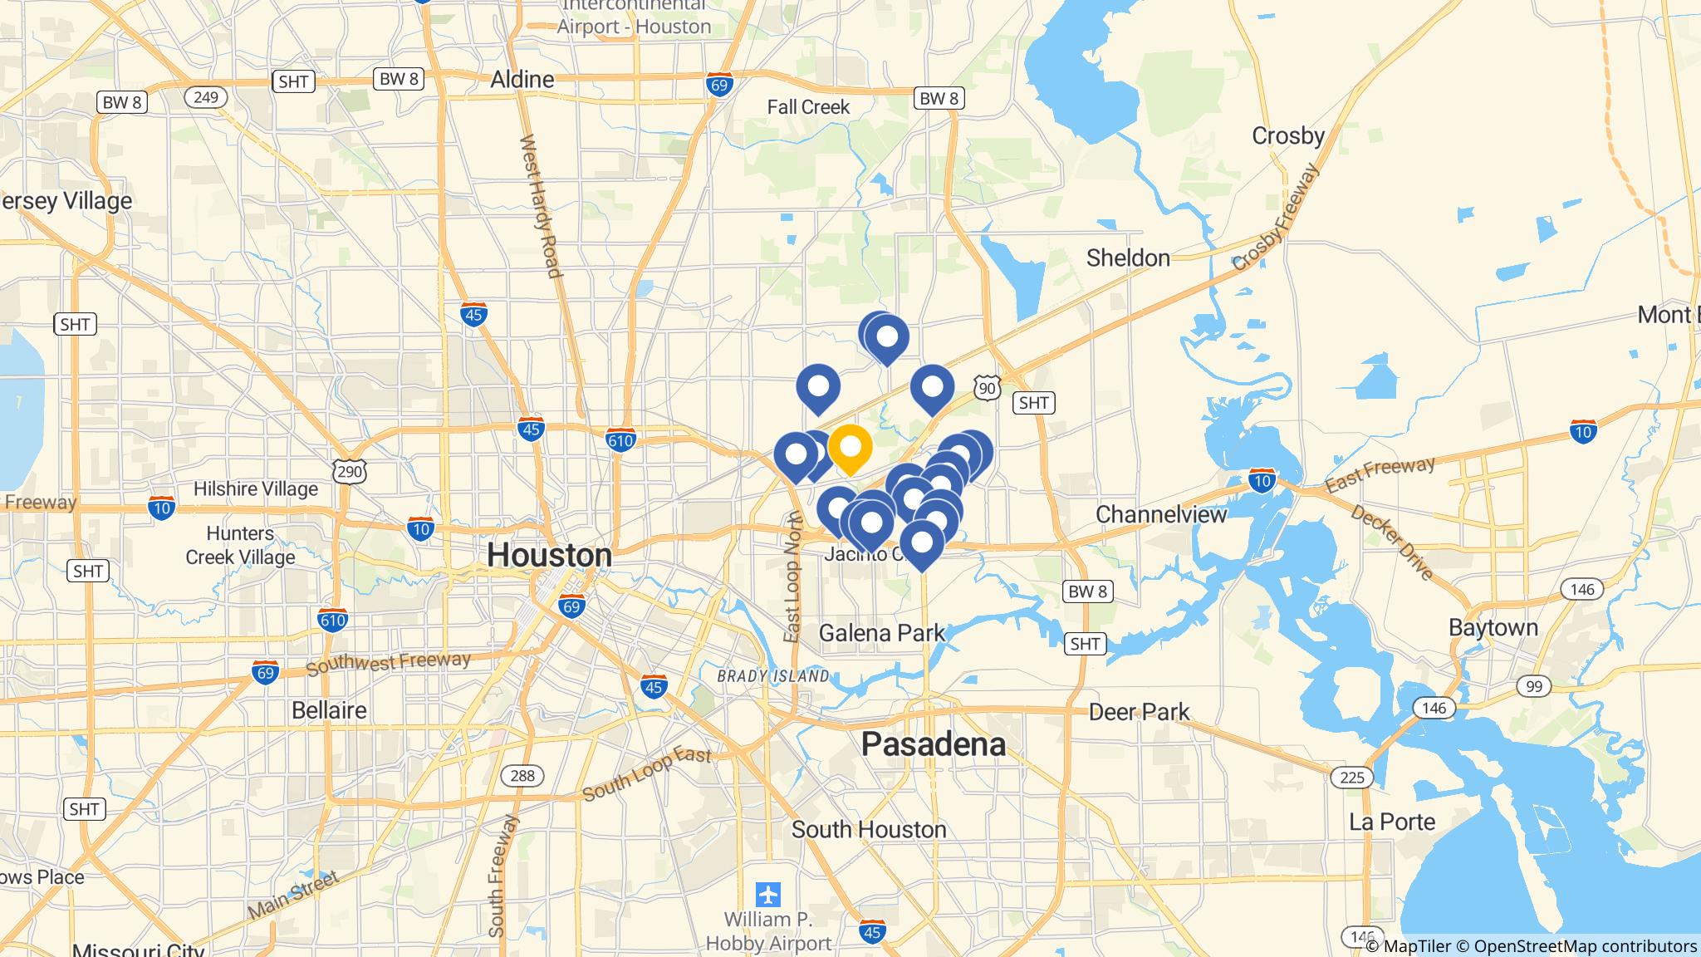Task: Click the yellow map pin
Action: (x=850, y=448)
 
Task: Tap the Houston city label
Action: (x=549, y=555)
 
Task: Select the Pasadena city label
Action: (x=933, y=744)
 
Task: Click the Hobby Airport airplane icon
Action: (x=768, y=895)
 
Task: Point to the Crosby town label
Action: (x=1287, y=135)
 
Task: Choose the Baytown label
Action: (x=1493, y=627)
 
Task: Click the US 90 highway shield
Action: (x=987, y=387)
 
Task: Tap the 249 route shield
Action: (x=205, y=97)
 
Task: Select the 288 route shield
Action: (x=522, y=776)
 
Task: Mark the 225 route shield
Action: (x=1351, y=778)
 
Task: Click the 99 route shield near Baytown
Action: (x=1533, y=686)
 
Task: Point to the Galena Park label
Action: (x=881, y=634)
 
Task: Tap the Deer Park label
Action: (x=1139, y=712)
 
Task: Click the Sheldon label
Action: (x=1128, y=258)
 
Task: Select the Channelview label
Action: (x=1160, y=514)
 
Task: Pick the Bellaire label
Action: (x=329, y=710)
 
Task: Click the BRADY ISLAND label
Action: (x=772, y=676)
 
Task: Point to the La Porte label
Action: (x=1391, y=822)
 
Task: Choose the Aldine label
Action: (x=522, y=80)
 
